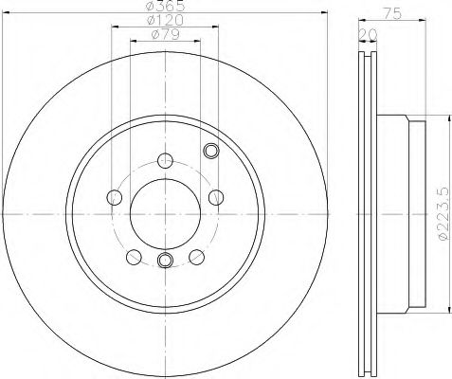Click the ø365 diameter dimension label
(x=166, y=5)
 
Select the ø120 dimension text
(x=165, y=20)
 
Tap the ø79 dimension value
(x=166, y=34)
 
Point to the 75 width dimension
(x=392, y=13)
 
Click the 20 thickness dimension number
(x=369, y=34)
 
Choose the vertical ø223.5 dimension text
(x=443, y=214)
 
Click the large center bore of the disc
(x=165, y=214)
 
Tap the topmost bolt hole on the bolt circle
(x=165, y=160)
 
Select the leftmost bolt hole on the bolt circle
(x=115, y=197)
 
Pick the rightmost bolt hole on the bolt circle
(x=216, y=197)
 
